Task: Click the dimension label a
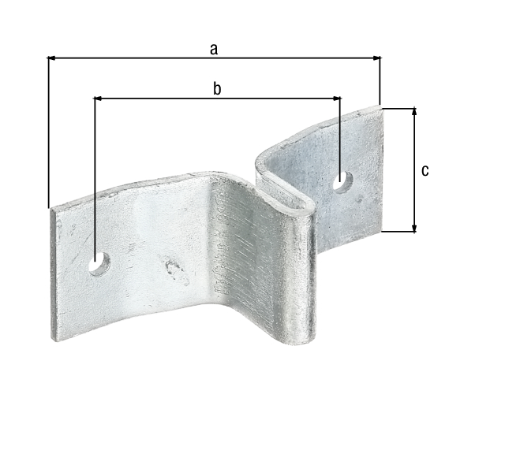pos(213,49)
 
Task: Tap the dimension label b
pos(217,88)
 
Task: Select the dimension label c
pos(425,170)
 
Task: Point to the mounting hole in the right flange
pos(342,180)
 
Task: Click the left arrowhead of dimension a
pos(52,58)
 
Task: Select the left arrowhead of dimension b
pos(99,98)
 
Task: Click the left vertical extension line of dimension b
pos(95,173)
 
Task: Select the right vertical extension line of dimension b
pos(341,134)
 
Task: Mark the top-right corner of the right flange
pos(381,108)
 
